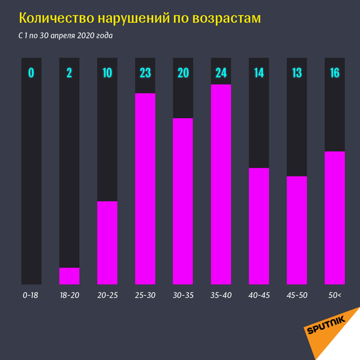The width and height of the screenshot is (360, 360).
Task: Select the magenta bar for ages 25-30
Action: (145, 188)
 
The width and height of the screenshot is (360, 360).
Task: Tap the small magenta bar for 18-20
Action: (69, 275)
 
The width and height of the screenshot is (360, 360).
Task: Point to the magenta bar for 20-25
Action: (107, 242)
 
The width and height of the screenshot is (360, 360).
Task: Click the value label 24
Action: (221, 73)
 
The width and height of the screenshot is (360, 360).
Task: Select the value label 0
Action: (31, 73)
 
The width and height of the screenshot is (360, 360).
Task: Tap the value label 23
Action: (145, 73)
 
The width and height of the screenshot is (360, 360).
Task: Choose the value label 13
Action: (296, 73)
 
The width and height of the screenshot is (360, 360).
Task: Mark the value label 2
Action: (69, 73)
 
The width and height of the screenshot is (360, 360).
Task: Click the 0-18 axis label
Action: (31, 295)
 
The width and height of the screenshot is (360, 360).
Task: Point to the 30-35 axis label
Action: (183, 295)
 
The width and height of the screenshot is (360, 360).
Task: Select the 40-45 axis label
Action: (259, 295)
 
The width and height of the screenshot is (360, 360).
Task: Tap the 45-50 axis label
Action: (296, 295)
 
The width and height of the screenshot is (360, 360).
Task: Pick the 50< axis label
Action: (334, 295)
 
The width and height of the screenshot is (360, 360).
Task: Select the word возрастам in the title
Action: (226, 19)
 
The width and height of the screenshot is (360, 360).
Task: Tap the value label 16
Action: (334, 73)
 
